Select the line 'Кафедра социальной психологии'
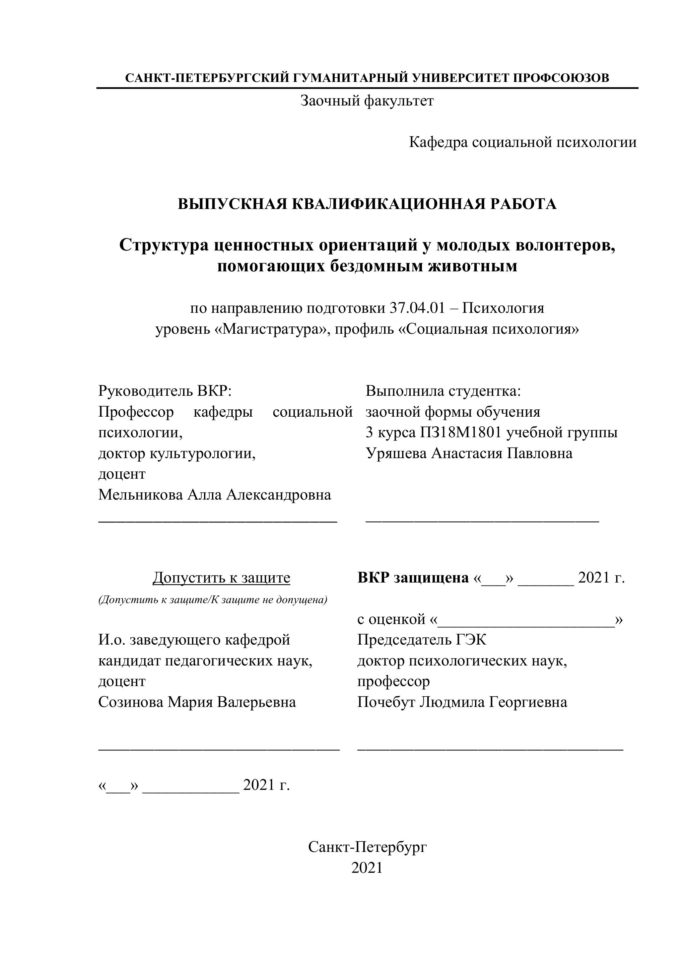[x=522, y=142]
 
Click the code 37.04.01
[x=417, y=308]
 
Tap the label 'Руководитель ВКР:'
[x=165, y=391]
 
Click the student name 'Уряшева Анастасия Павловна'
[x=469, y=453]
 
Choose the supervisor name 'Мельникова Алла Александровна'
[x=215, y=494]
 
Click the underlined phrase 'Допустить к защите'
[x=221, y=578]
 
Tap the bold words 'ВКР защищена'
[x=413, y=578]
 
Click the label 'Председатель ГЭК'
[x=422, y=640]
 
